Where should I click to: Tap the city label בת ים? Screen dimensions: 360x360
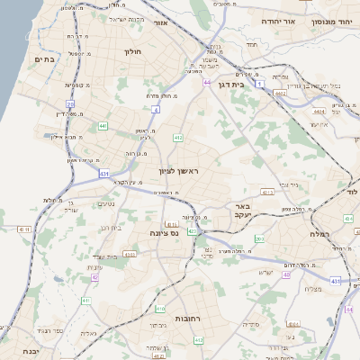pos(44,59)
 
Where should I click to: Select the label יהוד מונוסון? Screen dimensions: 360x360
pos(332,21)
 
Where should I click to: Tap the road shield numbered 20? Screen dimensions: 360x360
pos(70,104)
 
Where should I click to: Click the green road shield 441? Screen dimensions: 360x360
pos(103,126)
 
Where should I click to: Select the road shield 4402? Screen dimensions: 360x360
pos(281,92)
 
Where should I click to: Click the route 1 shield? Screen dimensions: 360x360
pos(261,84)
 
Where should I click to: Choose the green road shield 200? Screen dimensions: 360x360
pos(259,238)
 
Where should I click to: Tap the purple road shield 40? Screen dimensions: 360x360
pos(286,274)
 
